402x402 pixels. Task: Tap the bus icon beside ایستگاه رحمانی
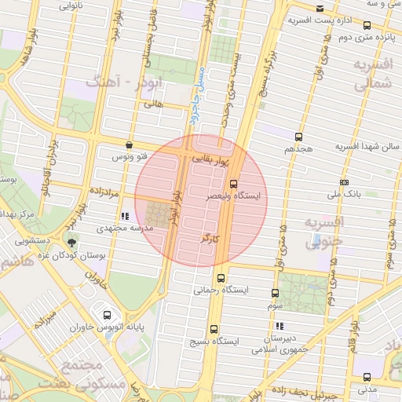pyautogui.click(x=220, y=278)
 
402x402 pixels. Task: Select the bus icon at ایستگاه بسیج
pyautogui.click(x=214, y=331)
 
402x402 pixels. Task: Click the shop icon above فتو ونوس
pyautogui.click(x=130, y=145)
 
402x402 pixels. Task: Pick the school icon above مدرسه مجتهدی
pyautogui.click(x=124, y=215)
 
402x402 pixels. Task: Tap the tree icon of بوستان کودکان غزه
pyautogui.click(x=72, y=243)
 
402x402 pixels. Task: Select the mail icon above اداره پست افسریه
pyautogui.click(x=319, y=9)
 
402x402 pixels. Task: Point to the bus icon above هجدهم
pyautogui.click(x=298, y=136)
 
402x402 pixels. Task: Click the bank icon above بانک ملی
pyautogui.click(x=345, y=181)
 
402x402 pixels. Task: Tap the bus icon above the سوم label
pyautogui.click(x=275, y=292)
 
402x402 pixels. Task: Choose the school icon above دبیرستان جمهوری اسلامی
pyautogui.click(x=279, y=326)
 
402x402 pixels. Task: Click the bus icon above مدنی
pyautogui.click(x=366, y=375)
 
